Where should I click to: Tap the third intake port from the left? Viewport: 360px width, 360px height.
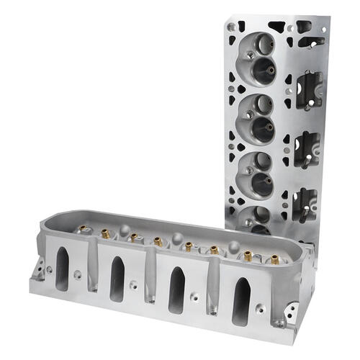click(x=176, y=289)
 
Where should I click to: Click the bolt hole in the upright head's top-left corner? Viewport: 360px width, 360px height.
click(x=231, y=26)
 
